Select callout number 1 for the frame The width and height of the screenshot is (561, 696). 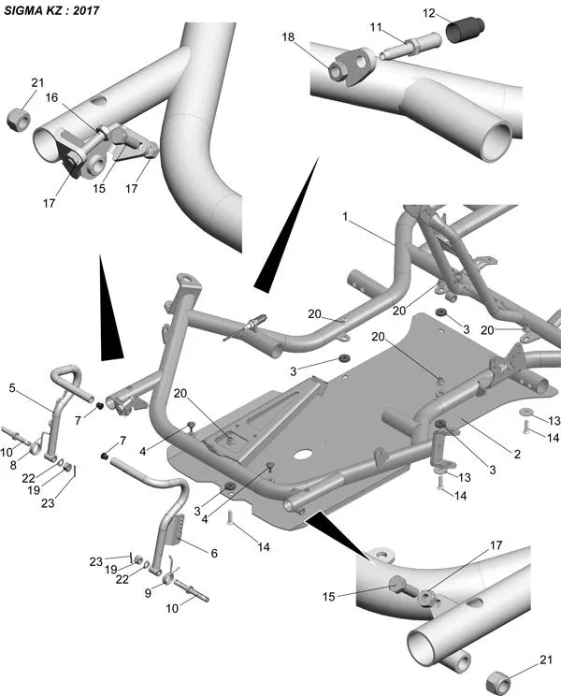point(345,217)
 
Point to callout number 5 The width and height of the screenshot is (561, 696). point(13,386)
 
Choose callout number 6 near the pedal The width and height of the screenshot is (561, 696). point(214,553)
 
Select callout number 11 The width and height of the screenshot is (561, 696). point(375,29)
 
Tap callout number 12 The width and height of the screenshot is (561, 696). point(429,13)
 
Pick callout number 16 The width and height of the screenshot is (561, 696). point(52,97)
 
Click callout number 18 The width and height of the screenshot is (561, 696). point(289,36)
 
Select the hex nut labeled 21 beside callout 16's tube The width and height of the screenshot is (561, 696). point(18,119)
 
